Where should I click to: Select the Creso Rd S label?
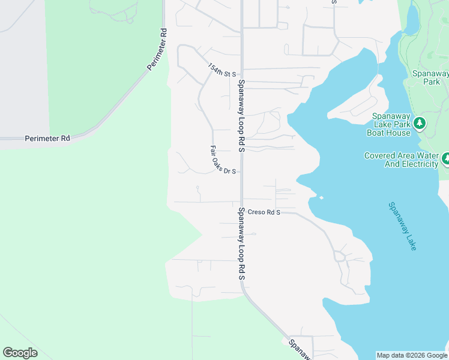click(264, 212)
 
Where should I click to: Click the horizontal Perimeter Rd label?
click(47, 139)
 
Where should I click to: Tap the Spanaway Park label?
click(430, 77)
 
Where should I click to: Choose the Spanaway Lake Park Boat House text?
click(390, 124)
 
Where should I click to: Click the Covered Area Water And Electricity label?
click(401, 160)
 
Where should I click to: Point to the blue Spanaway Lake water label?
click(402, 226)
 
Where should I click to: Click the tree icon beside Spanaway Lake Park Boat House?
click(420, 124)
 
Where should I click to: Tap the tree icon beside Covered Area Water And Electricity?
click(445, 159)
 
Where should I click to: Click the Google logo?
click(20, 353)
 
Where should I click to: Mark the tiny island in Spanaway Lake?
click(322, 197)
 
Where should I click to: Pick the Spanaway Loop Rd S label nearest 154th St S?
click(241, 115)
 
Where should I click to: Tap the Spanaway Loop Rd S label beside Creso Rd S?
click(241, 244)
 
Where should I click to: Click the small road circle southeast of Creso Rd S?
click(340, 257)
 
